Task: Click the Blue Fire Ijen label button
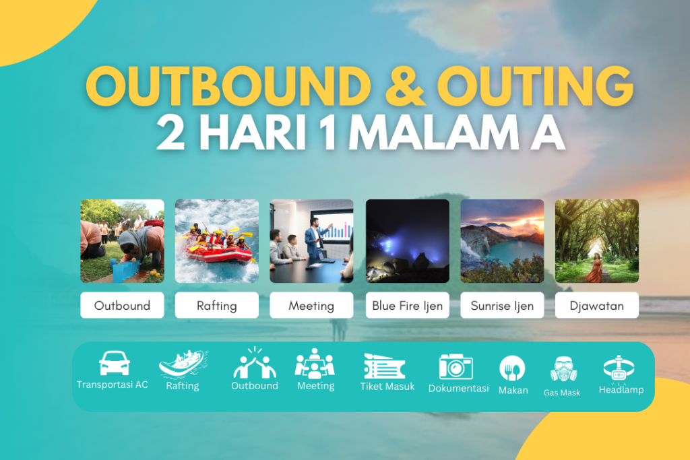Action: point(407,305)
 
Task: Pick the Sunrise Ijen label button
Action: point(502,305)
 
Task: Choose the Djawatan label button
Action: point(596,305)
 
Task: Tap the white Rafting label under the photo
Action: point(216,305)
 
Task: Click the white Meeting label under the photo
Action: point(311,305)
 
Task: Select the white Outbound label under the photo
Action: point(122,305)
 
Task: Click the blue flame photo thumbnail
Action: point(407,240)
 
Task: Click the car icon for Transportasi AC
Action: point(114,363)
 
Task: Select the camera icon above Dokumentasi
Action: point(456,366)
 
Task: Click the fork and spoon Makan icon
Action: point(512,368)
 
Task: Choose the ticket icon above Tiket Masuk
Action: point(384,366)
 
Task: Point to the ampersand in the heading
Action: point(403,86)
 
